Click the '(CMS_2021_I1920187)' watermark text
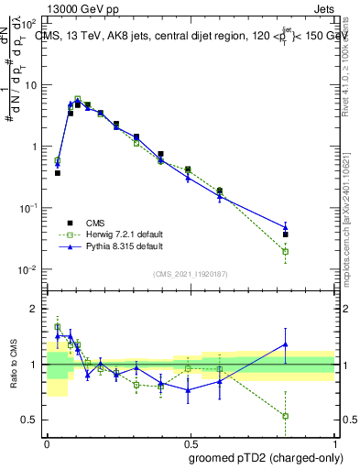point(191,274)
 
